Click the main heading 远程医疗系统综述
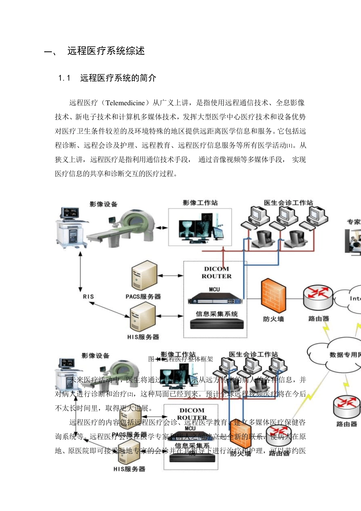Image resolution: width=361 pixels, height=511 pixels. click(106, 51)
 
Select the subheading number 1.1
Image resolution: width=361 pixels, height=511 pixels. click(64, 78)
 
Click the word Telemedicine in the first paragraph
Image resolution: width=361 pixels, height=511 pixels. click(125, 103)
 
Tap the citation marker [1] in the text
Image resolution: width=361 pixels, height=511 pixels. click(290, 146)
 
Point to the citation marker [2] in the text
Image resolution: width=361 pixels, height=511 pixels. click(130, 394)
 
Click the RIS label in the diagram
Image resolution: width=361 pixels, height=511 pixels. click(88, 297)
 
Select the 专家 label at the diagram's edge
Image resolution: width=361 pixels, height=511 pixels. click(354, 222)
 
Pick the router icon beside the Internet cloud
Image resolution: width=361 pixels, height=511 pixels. click(318, 297)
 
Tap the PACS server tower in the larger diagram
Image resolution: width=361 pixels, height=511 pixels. click(144, 276)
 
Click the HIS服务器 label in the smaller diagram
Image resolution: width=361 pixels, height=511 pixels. click(129, 469)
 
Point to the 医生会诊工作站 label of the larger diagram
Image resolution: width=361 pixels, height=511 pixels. click(288, 203)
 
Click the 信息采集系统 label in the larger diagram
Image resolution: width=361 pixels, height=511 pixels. click(217, 314)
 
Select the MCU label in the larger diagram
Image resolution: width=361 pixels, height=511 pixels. click(214, 289)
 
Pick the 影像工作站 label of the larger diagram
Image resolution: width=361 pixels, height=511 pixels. click(200, 203)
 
